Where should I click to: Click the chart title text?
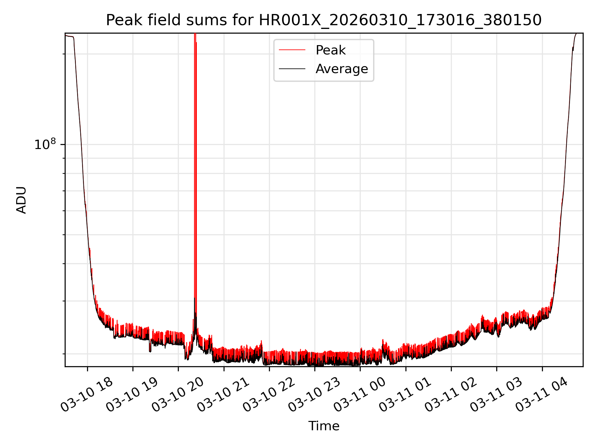[x=324, y=20]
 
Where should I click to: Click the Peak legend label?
[x=331, y=50]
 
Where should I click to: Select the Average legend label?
[x=341, y=69]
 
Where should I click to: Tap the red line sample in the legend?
[x=292, y=50]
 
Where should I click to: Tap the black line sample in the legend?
[x=292, y=69]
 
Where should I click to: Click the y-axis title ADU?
[x=21, y=200]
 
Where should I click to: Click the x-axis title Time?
[x=324, y=426]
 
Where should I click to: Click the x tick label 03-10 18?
[x=86, y=395]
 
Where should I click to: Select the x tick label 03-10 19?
[x=132, y=395]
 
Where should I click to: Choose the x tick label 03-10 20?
[x=178, y=395]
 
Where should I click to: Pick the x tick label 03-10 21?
[x=223, y=395]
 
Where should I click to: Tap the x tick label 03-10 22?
[x=268, y=395]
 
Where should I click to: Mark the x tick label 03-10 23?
[x=314, y=395]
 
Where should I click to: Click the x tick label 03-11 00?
[x=359, y=395]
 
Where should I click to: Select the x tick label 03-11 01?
[x=405, y=395]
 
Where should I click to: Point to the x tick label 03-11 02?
[x=450, y=395]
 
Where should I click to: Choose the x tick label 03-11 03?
[x=496, y=395]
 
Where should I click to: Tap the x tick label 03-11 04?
[x=541, y=395]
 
